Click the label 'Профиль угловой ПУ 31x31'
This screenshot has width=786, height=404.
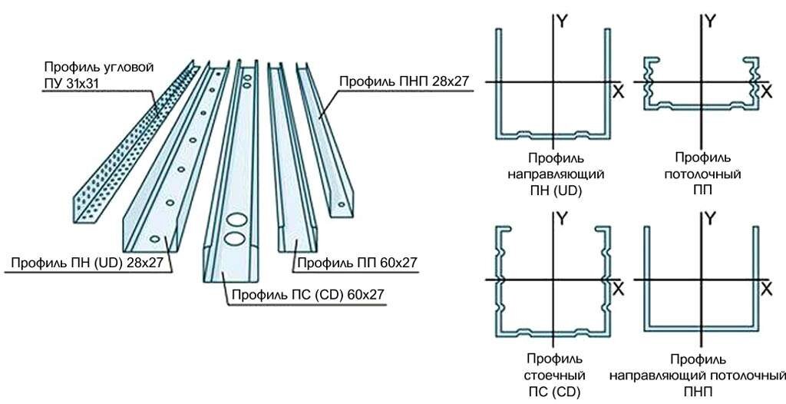[x=99, y=75]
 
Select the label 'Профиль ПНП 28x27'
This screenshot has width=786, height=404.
[x=404, y=81]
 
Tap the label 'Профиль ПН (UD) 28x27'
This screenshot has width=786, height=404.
[x=88, y=263]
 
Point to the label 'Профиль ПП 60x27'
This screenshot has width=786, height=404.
[x=357, y=263]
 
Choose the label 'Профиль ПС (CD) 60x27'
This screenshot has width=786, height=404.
[x=307, y=293]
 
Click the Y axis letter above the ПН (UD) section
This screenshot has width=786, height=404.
[x=563, y=22]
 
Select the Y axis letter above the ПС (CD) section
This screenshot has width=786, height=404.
[x=563, y=219]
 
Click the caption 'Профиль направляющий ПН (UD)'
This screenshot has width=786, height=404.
[x=556, y=174]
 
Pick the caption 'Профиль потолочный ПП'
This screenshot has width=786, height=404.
[x=702, y=174]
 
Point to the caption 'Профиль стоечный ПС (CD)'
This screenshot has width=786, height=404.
[x=554, y=375]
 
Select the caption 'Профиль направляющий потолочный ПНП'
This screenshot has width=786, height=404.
[x=698, y=376]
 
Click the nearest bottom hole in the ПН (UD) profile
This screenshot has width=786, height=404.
[x=154, y=238]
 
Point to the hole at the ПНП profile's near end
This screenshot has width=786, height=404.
[x=341, y=204]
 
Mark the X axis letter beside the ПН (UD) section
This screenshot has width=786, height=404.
[x=618, y=91]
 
